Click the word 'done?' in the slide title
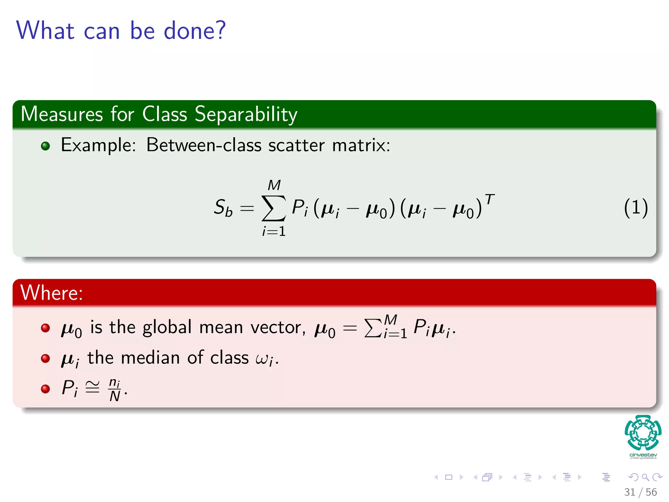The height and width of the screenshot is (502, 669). point(194,31)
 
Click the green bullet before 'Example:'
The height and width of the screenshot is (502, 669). point(45,146)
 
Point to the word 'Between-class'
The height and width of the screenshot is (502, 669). point(204,145)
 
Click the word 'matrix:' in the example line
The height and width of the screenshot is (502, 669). point(361,145)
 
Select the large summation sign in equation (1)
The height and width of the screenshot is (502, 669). point(274,208)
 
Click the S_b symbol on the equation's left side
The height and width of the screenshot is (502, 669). point(223,208)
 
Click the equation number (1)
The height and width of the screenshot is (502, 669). point(635,208)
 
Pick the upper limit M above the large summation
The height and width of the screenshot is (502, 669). point(274,185)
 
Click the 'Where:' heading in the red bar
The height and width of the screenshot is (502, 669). point(52,293)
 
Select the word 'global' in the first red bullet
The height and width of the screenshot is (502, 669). point(167,327)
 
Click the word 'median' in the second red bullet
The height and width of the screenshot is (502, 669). point(151,358)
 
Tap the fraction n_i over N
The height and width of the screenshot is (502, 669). point(115,390)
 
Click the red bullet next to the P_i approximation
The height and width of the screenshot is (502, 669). point(45,389)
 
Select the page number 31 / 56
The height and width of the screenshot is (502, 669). point(640,492)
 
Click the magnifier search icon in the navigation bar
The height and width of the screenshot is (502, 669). point(645,477)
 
